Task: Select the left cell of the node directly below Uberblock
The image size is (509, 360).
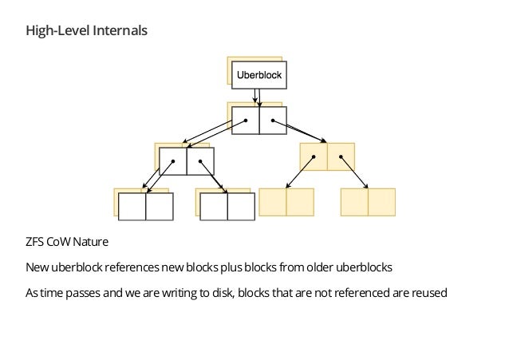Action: pos(245,121)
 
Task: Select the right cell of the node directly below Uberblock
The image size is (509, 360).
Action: pos(272,121)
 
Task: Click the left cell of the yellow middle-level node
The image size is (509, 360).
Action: pos(314,156)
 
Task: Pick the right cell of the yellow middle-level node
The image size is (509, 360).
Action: pos(341,156)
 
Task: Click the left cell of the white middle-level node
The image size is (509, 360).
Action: pos(173,160)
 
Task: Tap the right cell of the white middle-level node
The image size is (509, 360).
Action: pos(200,160)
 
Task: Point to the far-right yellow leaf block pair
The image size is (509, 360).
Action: pos(368,202)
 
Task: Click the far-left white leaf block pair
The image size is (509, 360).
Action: pos(146,206)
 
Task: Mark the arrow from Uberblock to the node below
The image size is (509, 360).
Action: pos(257,97)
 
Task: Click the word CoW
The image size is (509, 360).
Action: pos(60,241)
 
